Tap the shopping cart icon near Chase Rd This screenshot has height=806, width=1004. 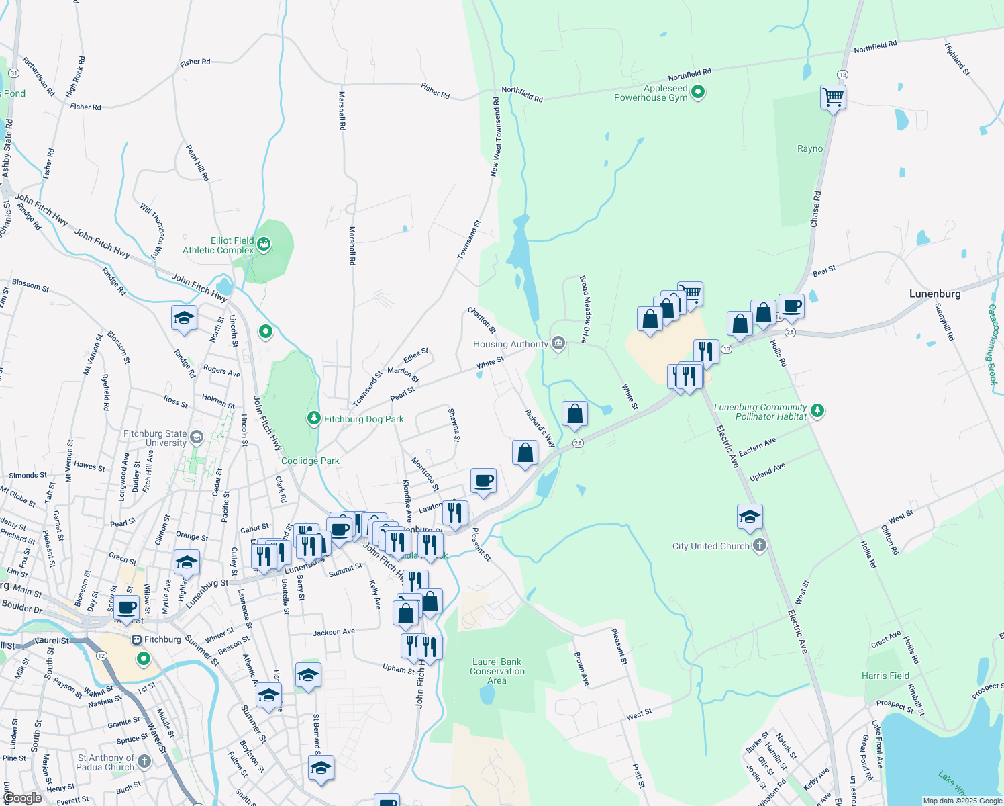[833, 97]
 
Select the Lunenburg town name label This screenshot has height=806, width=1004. [934, 294]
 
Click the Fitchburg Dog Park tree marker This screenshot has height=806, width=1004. [313, 418]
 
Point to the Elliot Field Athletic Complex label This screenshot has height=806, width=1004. [218, 245]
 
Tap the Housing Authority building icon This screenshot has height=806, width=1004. [558, 344]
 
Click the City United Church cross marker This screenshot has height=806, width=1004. [759, 545]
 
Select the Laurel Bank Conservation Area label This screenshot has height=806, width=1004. [497, 671]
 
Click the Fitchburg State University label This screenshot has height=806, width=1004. [155, 438]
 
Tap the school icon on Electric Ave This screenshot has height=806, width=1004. [750, 517]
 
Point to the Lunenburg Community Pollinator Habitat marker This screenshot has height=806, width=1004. [817, 410]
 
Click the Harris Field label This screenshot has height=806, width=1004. [885, 676]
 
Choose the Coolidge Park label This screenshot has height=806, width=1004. [310, 461]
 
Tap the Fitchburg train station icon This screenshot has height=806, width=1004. [137, 639]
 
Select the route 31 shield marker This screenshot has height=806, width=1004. [13, 73]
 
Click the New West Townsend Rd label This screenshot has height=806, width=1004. [495, 137]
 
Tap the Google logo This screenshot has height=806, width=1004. [22, 797]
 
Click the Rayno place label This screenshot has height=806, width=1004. [809, 148]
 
